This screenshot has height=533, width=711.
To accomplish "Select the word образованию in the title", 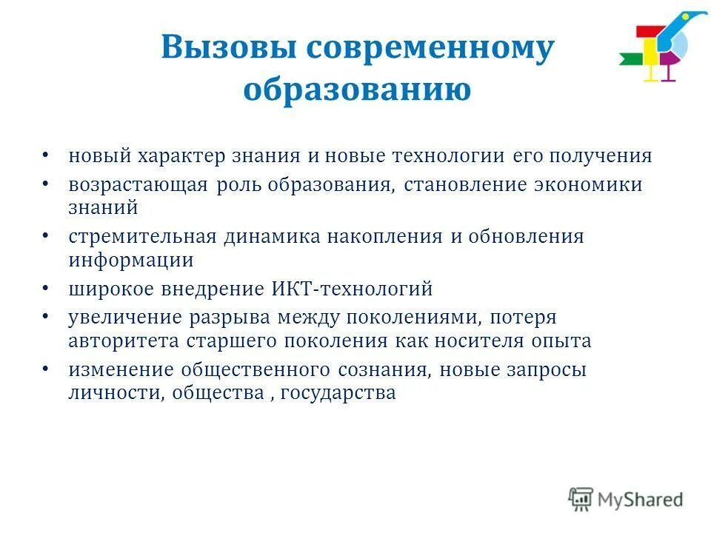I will pyautogui.click(x=358, y=90).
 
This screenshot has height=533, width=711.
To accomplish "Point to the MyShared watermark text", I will pyautogui.click(x=641, y=499).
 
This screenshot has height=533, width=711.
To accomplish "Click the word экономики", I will pyautogui.click(x=589, y=185).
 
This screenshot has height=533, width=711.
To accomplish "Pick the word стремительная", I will pyautogui.click(x=142, y=237).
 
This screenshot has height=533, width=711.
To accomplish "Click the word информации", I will pyautogui.click(x=131, y=261).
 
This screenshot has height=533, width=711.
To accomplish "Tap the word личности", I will pyautogui.click(x=115, y=394).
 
